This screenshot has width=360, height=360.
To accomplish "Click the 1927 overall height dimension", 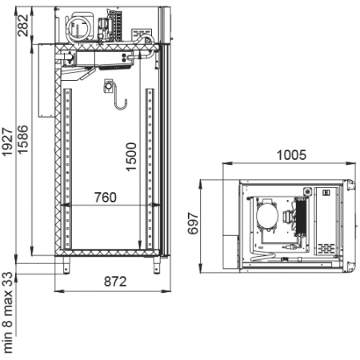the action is pos(6,142).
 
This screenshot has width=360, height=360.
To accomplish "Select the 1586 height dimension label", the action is pos(22,139).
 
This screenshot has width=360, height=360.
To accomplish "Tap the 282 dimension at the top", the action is pos(22,26).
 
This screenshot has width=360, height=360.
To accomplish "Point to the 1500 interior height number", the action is pos(131,157).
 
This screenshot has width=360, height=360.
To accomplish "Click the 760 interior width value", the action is pos(106,198).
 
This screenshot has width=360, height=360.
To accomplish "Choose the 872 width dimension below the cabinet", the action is pos(115,282).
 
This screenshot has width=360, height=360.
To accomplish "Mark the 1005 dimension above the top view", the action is pos(291,155).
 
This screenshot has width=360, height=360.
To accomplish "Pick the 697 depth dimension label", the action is pos(193,223).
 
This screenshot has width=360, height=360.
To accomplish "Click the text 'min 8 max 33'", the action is pos(7,313).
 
